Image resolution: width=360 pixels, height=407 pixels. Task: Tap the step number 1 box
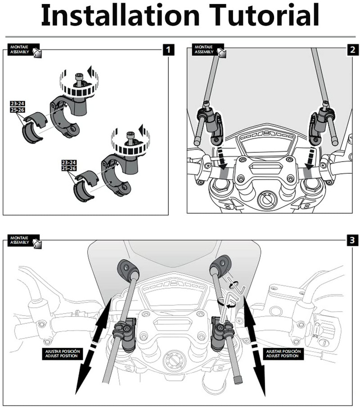point(168,49)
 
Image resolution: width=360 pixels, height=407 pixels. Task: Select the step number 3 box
point(351,240)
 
